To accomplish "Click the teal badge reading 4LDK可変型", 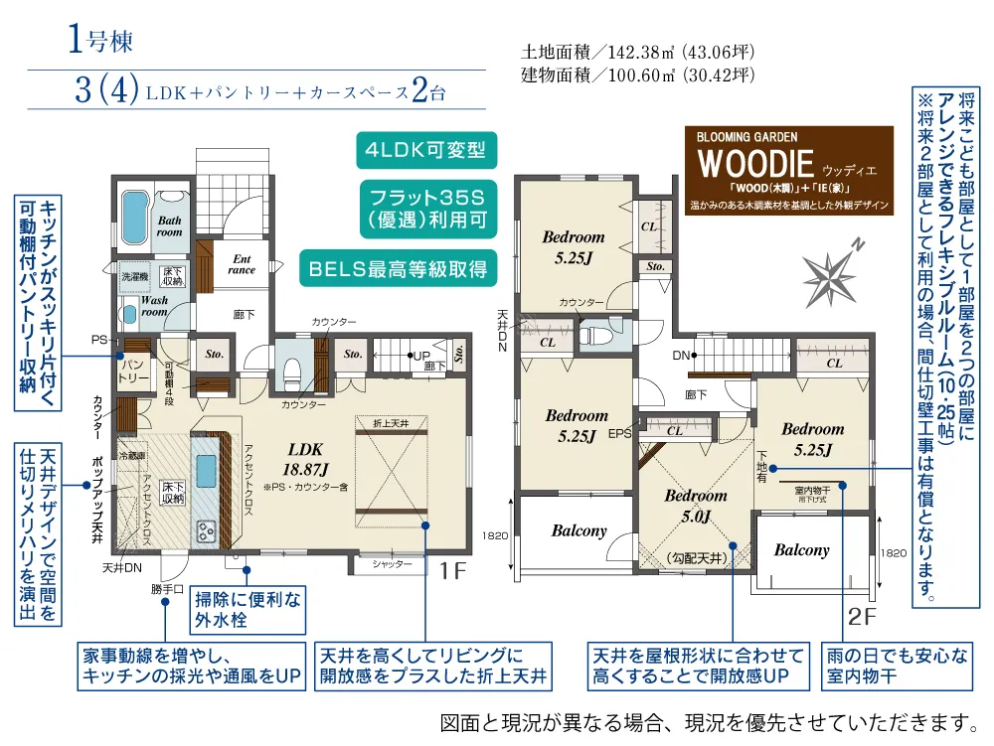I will [x=424, y=152].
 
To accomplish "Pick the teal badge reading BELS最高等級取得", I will [x=397, y=266].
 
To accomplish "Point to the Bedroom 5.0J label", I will [x=696, y=505].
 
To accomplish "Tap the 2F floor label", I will [x=862, y=616].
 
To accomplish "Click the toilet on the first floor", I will [x=292, y=372].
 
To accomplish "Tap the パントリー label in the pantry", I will [x=134, y=373].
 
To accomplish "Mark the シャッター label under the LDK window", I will [x=392, y=564].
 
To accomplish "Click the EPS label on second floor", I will [x=620, y=433].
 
